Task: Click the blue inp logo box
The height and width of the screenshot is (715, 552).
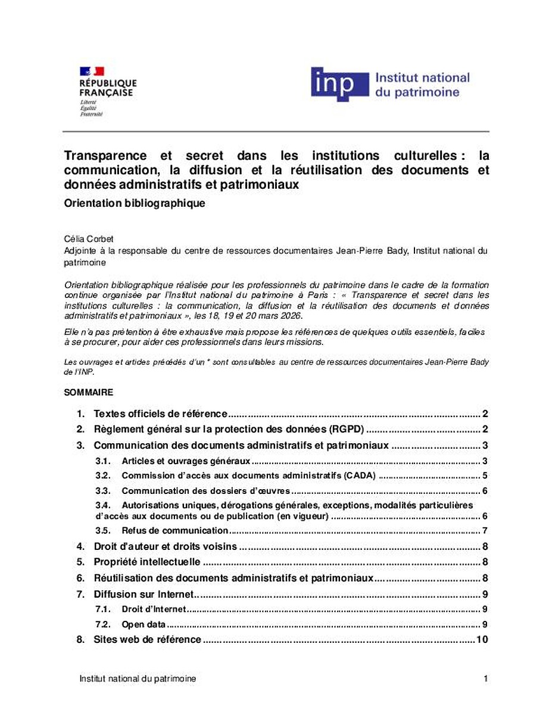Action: [339, 84]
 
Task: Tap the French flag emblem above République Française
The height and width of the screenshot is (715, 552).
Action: [92, 71]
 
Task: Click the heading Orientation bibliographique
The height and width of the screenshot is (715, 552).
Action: [135, 203]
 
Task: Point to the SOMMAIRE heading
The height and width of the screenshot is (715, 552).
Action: [88, 393]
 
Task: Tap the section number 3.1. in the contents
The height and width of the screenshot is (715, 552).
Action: [104, 461]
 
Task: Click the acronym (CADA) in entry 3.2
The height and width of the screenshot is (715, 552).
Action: [359, 475]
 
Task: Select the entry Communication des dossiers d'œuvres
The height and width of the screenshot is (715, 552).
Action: [205, 491]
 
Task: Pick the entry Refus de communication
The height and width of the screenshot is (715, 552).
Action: [174, 530]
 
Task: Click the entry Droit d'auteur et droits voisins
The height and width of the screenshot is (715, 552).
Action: [166, 546]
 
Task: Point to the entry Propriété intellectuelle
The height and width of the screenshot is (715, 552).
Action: [146, 562]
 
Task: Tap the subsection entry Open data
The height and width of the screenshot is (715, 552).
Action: [144, 624]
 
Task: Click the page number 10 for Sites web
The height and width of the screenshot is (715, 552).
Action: [482, 640]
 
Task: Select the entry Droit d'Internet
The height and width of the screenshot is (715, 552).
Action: [154, 609]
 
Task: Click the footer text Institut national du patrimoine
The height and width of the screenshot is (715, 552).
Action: [138, 679]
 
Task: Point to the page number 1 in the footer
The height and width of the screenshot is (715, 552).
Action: [486, 679]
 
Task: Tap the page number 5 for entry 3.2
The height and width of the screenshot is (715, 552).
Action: [485, 475]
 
